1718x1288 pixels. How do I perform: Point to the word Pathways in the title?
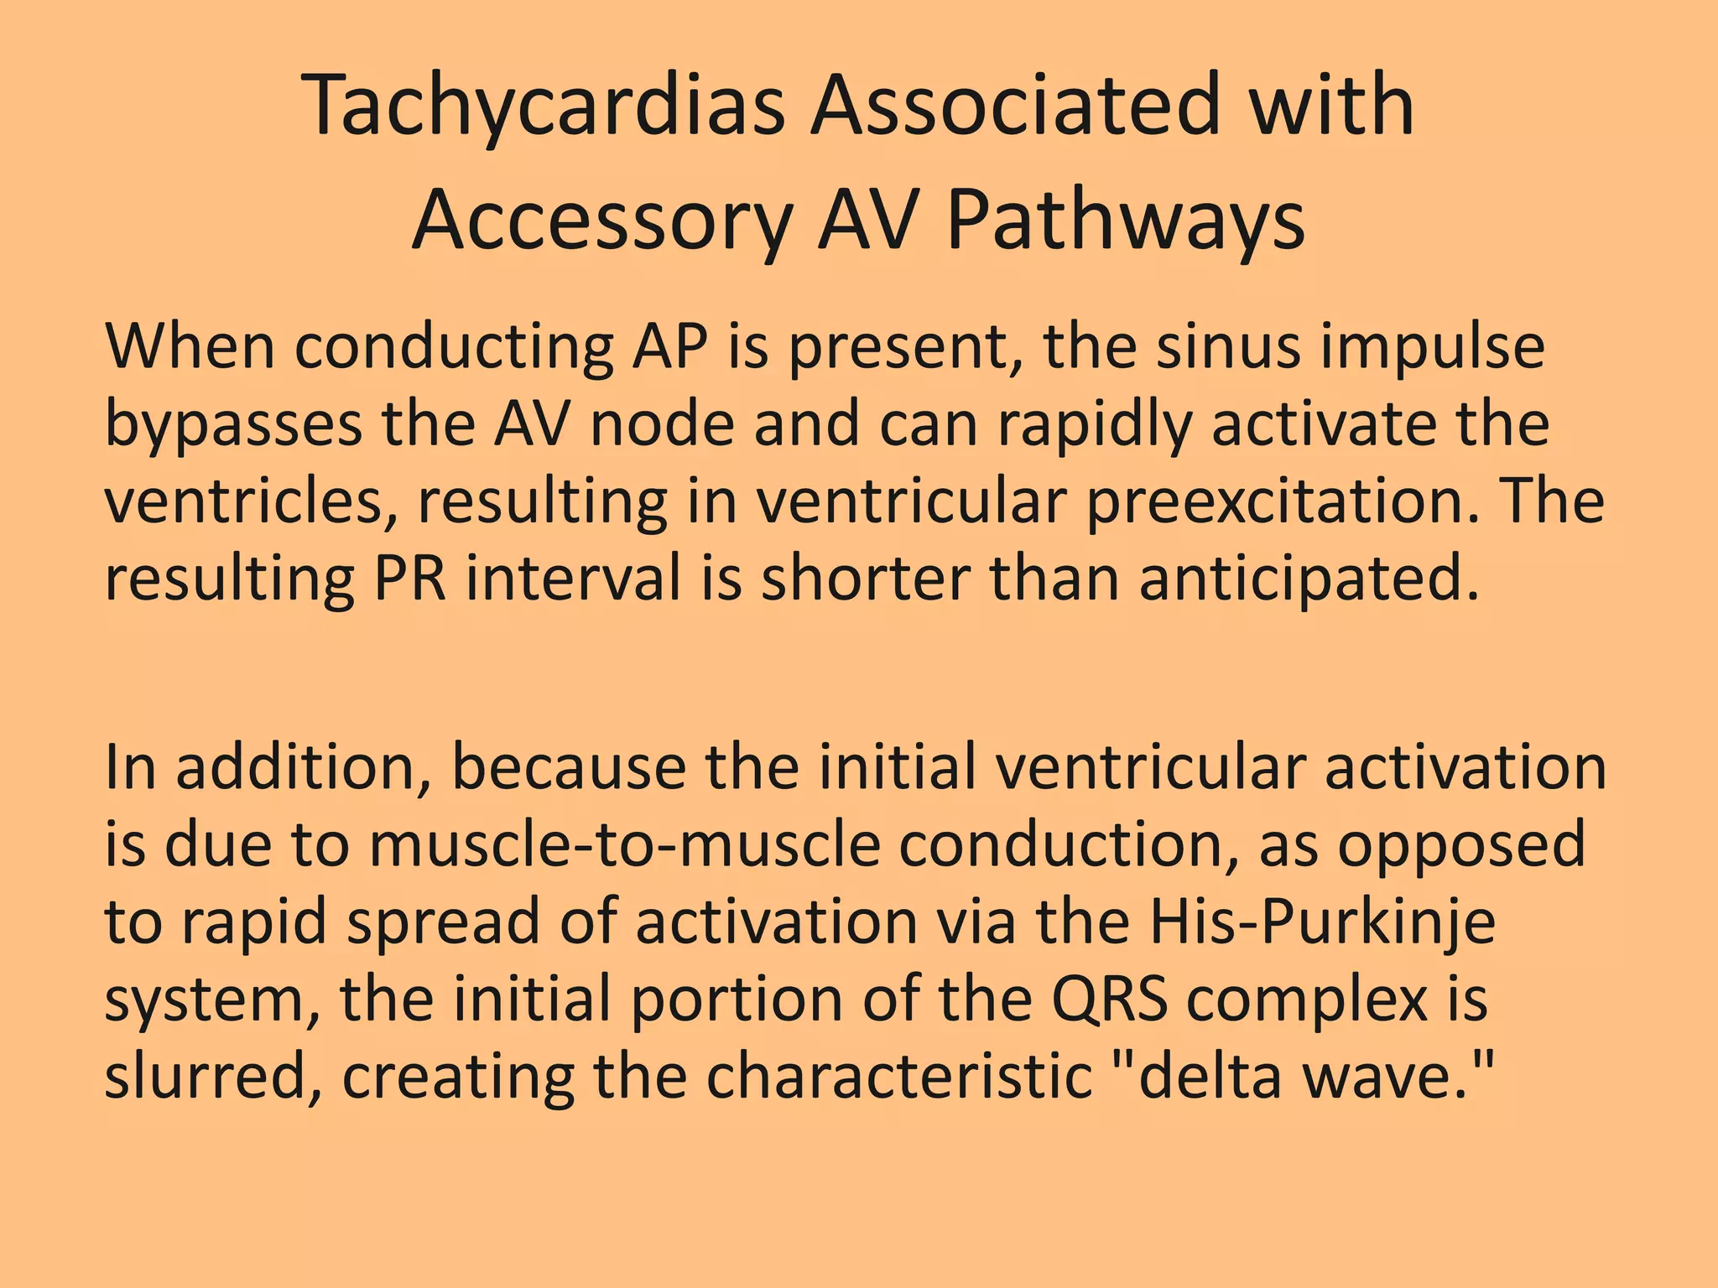click(x=1125, y=221)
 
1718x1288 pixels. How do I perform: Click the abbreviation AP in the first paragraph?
click(x=669, y=347)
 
